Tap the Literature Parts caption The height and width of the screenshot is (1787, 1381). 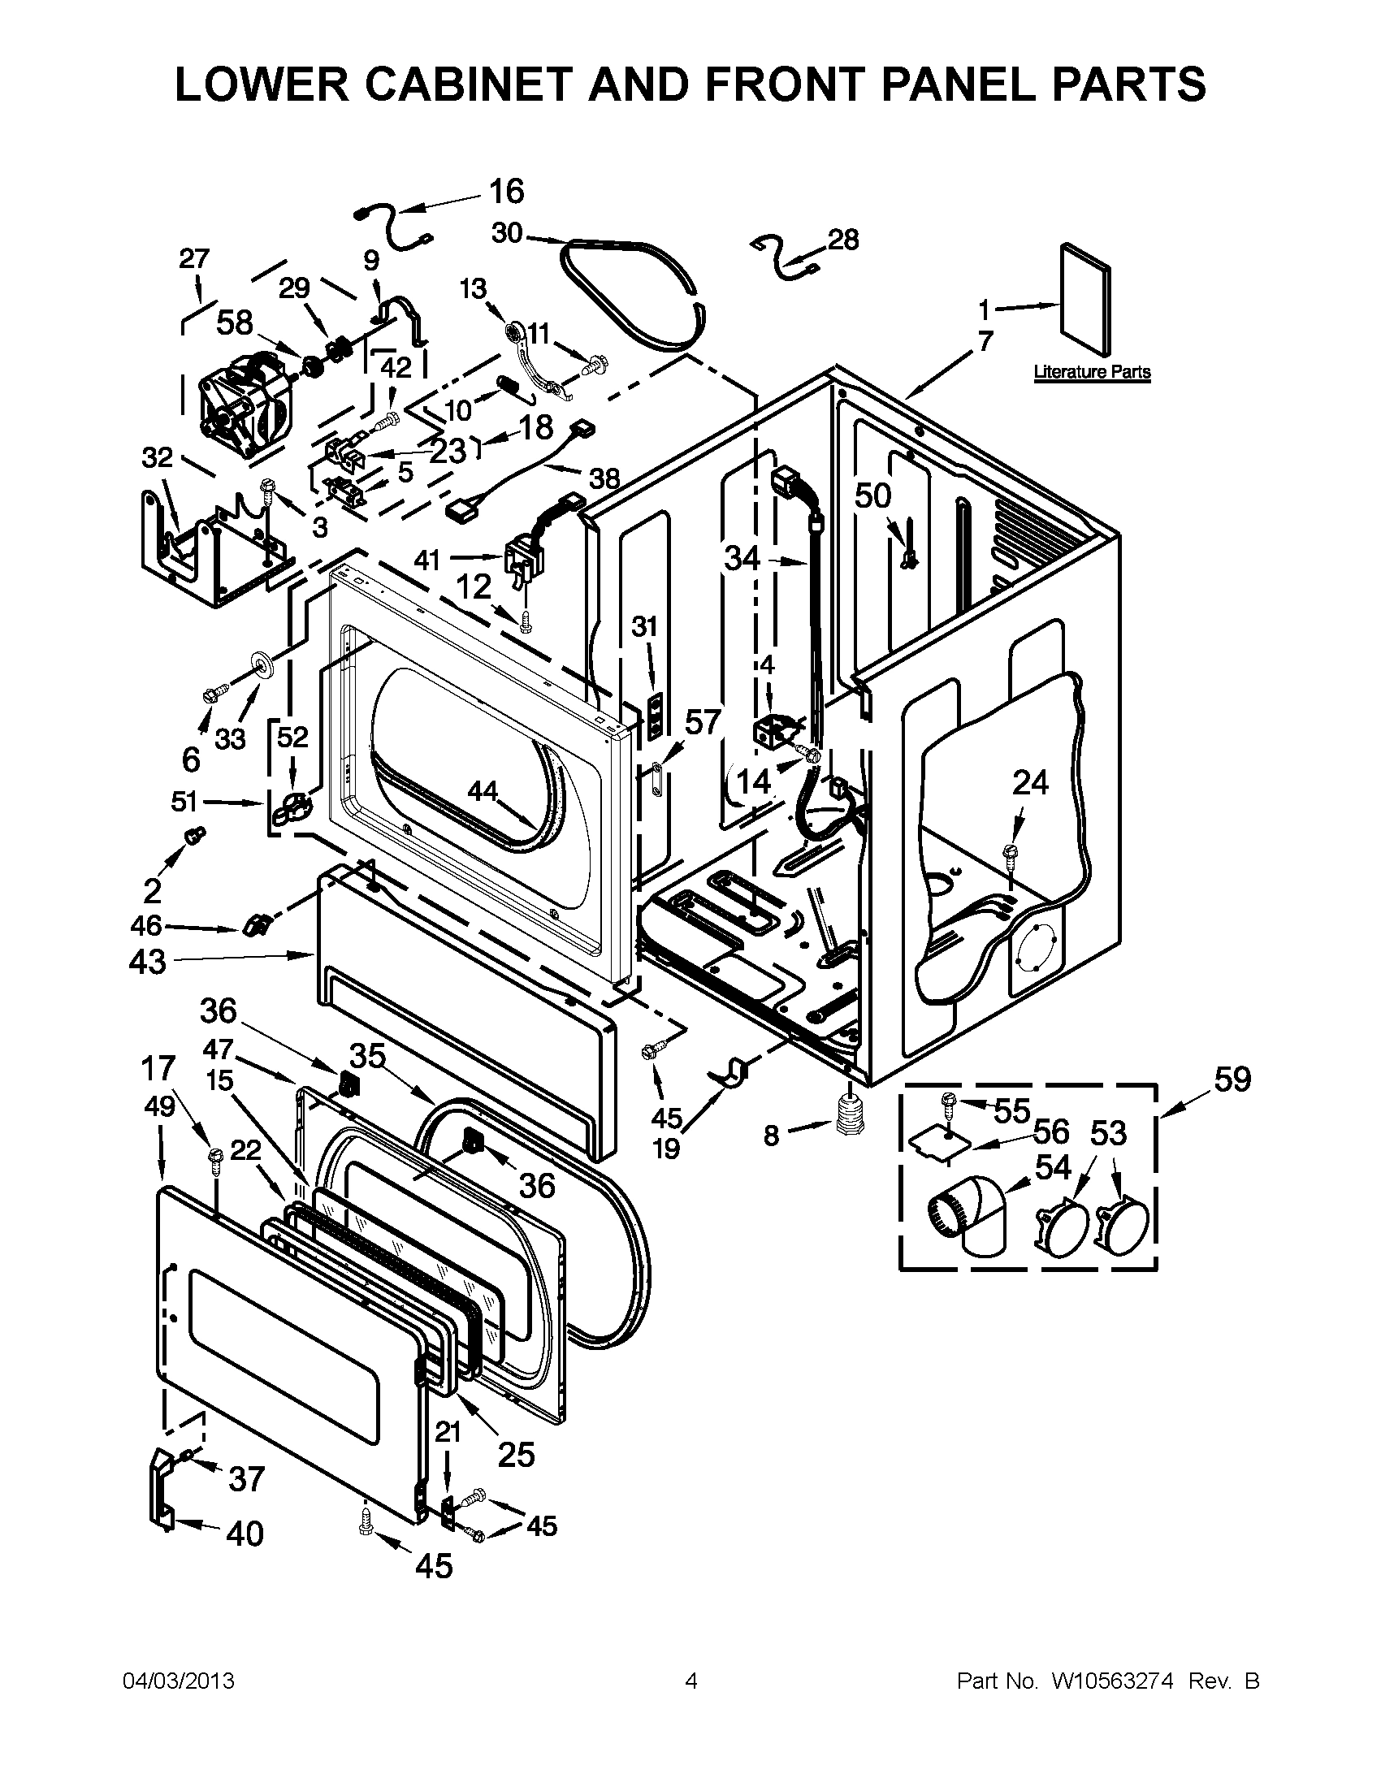(x=1091, y=372)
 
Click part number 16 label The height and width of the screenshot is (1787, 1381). (x=505, y=192)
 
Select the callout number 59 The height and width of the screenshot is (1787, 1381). (x=1232, y=1080)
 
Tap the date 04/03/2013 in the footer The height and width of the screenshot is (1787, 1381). (x=179, y=1681)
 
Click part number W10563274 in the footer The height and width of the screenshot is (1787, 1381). (x=1113, y=1681)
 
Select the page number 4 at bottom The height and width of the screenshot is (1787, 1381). (x=691, y=1681)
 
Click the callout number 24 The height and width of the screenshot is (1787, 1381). (x=1030, y=783)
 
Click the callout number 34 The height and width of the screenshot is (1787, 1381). (x=742, y=559)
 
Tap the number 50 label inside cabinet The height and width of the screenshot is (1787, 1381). (x=873, y=495)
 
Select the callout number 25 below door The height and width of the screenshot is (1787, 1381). (x=515, y=1454)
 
